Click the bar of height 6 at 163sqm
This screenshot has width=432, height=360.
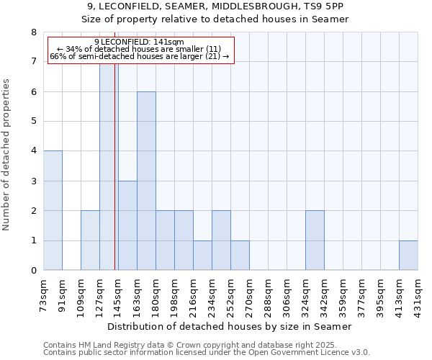146,181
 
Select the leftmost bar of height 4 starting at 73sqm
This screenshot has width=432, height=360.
53,210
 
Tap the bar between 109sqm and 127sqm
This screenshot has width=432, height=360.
90,240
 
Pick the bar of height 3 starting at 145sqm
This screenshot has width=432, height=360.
127,225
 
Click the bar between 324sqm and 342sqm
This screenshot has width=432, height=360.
315,240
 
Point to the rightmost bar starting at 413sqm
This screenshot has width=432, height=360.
408,256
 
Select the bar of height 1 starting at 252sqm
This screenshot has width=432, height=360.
240,256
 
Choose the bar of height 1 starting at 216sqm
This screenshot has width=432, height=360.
202,256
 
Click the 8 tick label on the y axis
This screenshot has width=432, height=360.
33,32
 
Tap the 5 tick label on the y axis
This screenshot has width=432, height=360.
33,122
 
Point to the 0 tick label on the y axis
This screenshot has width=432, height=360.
33,271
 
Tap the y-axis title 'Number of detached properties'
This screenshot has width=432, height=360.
8,155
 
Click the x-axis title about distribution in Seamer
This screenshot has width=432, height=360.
230,327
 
